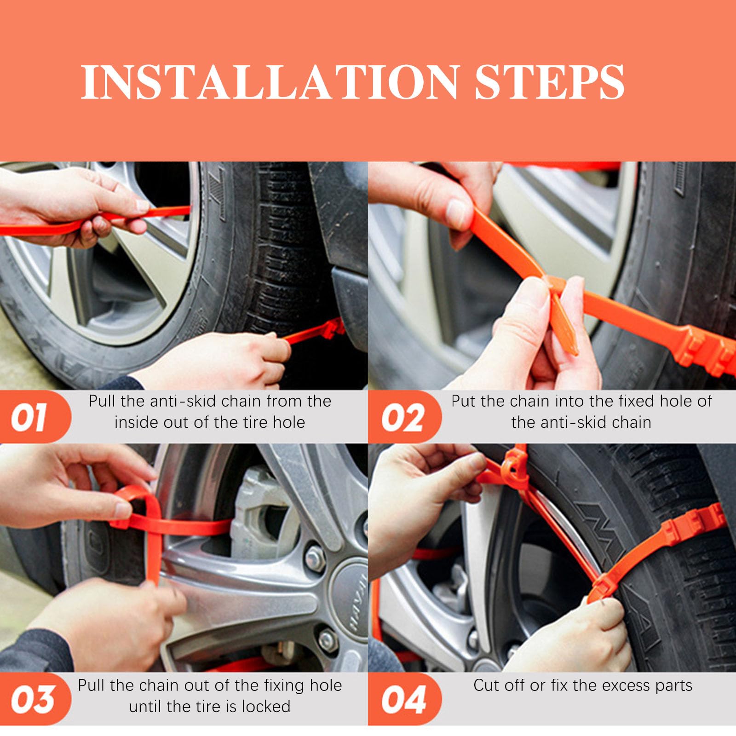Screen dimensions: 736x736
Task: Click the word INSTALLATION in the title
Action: click(270, 82)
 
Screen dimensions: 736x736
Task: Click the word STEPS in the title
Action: click(549, 82)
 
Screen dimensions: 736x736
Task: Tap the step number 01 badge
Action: click(33, 417)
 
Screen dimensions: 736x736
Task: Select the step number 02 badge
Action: click(403, 417)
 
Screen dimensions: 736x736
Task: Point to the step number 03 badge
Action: click(33, 699)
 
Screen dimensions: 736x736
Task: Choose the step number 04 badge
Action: click(403, 699)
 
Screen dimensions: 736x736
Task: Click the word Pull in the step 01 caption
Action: click(102, 401)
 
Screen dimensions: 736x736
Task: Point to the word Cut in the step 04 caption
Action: click(486, 685)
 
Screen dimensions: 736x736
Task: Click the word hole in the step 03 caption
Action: click(326, 685)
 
